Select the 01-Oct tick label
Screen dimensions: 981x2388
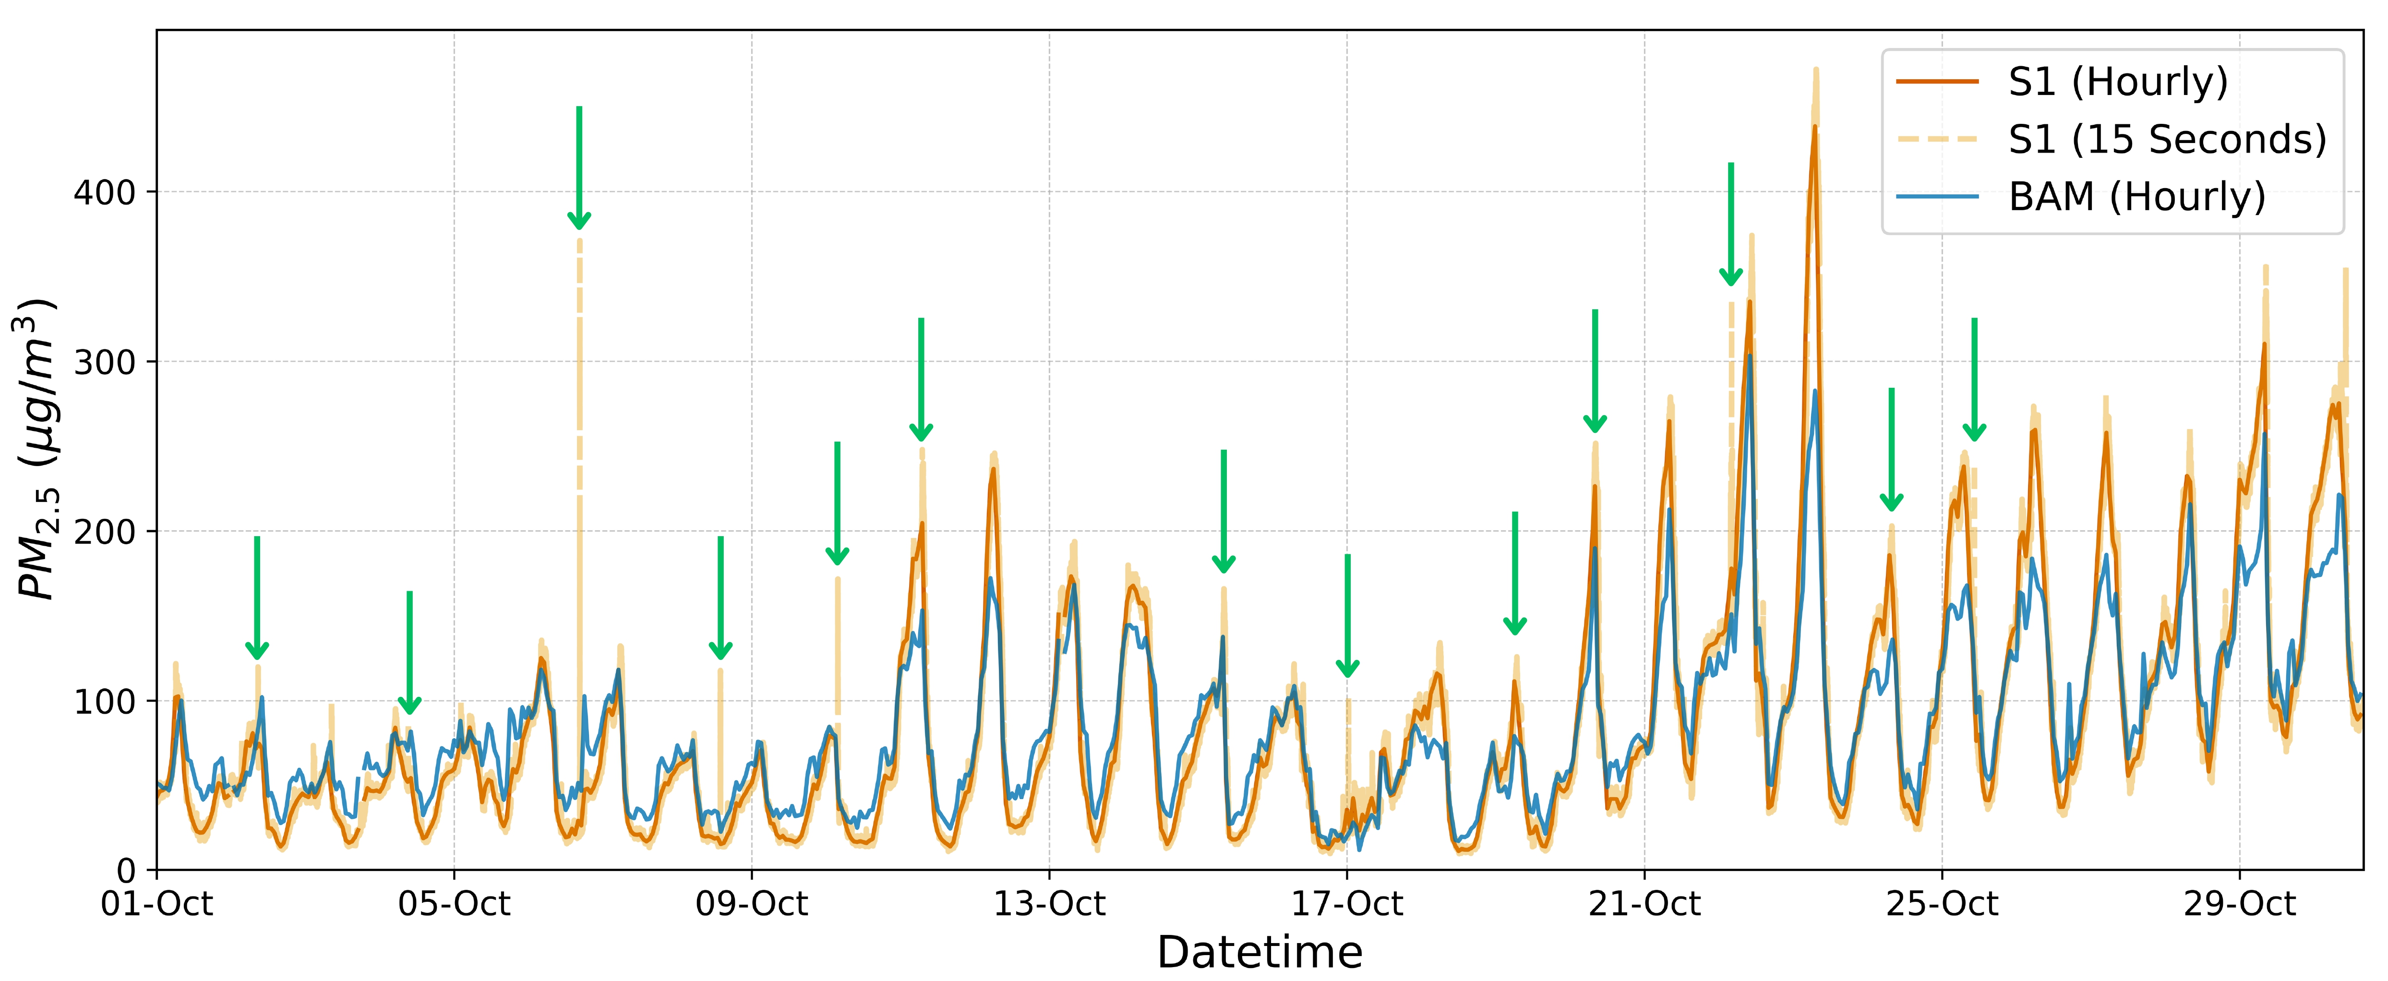(x=156, y=904)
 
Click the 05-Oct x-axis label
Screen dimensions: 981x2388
(x=454, y=904)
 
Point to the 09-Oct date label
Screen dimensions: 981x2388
(x=752, y=904)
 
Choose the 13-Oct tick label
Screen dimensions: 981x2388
(x=1049, y=904)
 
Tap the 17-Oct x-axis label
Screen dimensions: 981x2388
(x=1347, y=904)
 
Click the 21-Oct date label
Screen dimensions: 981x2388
(x=1644, y=904)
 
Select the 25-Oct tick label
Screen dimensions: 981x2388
(x=1942, y=904)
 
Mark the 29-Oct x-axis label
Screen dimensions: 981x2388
(x=2240, y=904)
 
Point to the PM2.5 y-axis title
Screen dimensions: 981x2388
(x=37, y=450)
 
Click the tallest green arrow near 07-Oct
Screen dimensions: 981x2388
(x=579, y=167)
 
